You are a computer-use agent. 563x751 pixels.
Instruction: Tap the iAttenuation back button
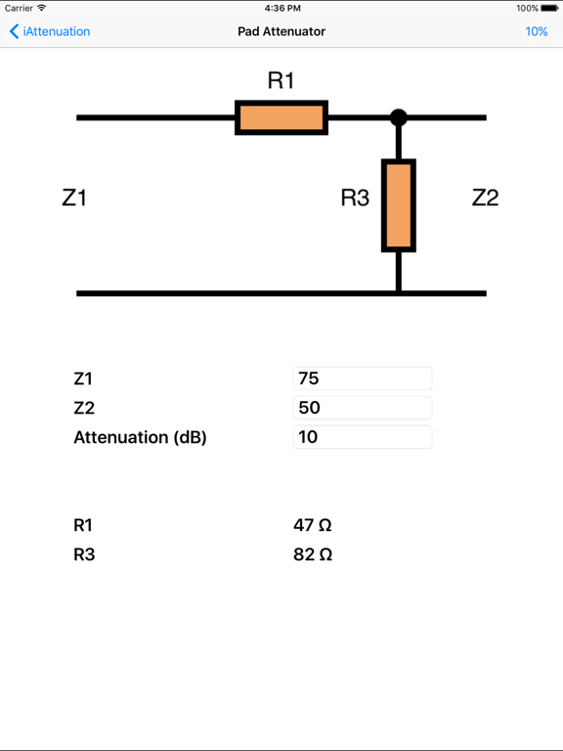[x=50, y=31]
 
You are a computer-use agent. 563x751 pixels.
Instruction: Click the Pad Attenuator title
[x=281, y=31]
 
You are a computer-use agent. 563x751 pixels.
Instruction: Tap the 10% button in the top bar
[x=536, y=31]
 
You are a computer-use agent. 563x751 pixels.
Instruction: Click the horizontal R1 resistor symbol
[x=281, y=117]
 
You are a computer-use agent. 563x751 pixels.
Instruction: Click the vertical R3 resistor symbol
[x=398, y=205]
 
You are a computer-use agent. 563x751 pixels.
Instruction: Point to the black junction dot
[x=398, y=117]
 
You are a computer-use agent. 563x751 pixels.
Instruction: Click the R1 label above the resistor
[x=281, y=81]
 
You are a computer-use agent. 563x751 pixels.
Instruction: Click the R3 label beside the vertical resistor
[x=355, y=198]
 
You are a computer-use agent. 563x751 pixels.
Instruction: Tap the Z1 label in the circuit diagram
[x=74, y=198]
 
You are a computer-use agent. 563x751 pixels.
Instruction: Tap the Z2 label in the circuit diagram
[x=485, y=198]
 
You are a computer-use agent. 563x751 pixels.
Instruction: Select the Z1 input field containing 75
[x=362, y=378]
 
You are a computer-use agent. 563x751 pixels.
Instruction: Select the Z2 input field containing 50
[x=362, y=408]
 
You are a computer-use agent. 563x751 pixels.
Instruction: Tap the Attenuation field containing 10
[x=362, y=437]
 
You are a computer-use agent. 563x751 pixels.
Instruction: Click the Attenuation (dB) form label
[x=140, y=437]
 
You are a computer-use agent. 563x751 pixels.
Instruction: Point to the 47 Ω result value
[x=313, y=525]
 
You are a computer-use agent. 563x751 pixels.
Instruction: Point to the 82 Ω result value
[x=313, y=554]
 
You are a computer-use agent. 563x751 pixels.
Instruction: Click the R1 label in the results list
[x=84, y=525]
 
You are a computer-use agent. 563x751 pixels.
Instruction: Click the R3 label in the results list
[x=84, y=554]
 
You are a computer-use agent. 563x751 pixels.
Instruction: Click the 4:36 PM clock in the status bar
[x=281, y=8]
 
